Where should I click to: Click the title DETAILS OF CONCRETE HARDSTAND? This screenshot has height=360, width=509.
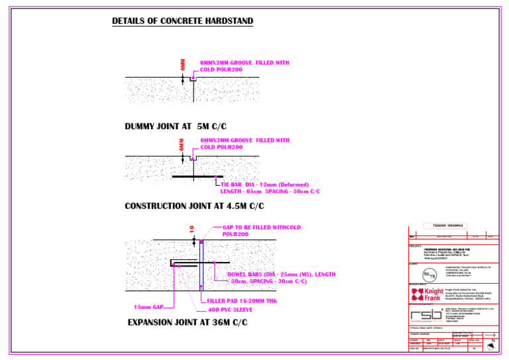point(182,21)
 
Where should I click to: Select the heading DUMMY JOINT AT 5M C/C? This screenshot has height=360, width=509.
point(176,126)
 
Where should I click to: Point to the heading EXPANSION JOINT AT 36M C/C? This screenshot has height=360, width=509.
point(188,322)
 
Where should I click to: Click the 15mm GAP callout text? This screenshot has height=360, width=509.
point(148,307)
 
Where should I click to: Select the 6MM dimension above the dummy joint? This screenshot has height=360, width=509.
point(183,64)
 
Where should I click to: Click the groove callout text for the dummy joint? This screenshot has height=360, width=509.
point(244,66)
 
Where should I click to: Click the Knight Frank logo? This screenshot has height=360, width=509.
point(427,294)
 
